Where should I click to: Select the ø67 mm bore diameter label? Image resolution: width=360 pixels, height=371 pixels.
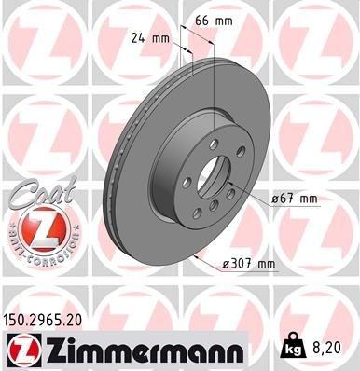point(296,198)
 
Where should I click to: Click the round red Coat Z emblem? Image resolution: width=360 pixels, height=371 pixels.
point(37,228)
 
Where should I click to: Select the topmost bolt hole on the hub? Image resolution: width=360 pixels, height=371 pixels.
point(215,143)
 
